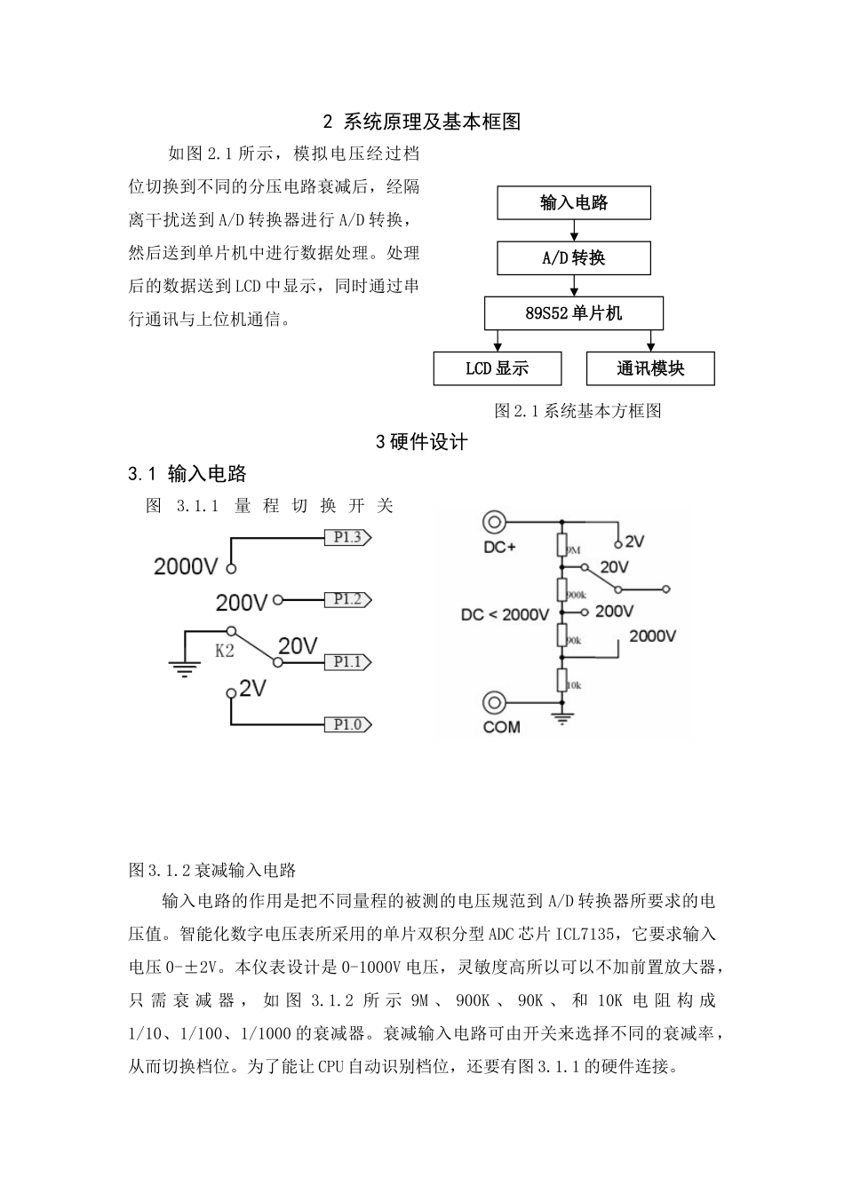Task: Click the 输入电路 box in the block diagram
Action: [x=574, y=203]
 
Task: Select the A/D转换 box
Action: [x=574, y=258]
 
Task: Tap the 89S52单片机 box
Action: [x=574, y=313]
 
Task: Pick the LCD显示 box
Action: [x=498, y=368]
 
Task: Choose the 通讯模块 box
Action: [x=650, y=368]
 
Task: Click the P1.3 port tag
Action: [x=346, y=537]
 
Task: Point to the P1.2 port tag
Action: [x=346, y=600]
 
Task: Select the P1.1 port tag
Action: [x=346, y=662]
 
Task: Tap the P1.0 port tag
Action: [x=346, y=725]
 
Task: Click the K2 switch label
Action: [x=225, y=651]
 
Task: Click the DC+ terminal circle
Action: [x=495, y=522]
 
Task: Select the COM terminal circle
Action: [x=495, y=703]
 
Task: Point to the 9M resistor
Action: [x=561, y=545]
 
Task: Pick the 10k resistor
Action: [x=561, y=681]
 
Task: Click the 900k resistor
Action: [x=561, y=589]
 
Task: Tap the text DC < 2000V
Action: [x=506, y=614]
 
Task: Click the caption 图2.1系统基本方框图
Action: [x=578, y=411]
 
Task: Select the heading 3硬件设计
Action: [x=422, y=442]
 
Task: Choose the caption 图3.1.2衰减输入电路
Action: [x=212, y=870]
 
